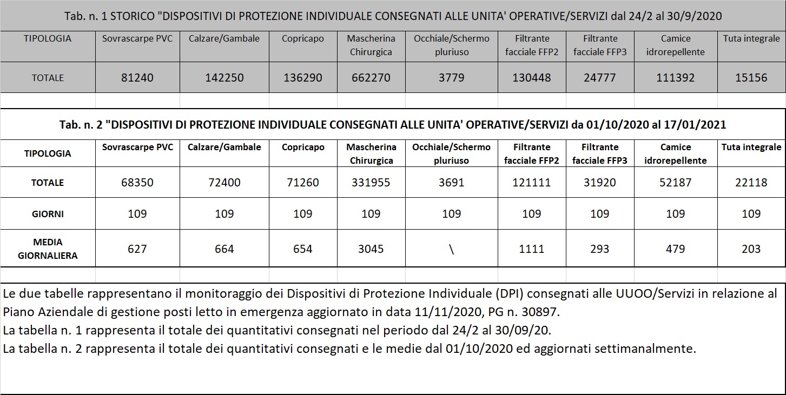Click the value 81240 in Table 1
point(137,78)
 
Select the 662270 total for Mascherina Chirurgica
point(371,78)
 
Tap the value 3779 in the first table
point(451,78)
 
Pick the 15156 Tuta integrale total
point(751,78)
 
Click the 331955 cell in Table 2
point(371,183)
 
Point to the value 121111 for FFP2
point(531,183)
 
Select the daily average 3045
point(371,249)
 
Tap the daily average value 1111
point(531,249)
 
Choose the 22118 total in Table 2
point(751,183)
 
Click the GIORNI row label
point(48,214)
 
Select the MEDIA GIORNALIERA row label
point(48,249)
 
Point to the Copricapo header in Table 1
point(303,38)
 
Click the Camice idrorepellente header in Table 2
point(676,153)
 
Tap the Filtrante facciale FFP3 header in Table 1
point(600,45)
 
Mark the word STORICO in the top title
point(133,16)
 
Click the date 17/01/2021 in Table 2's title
point(695,125)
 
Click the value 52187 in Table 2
point(676,183)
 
